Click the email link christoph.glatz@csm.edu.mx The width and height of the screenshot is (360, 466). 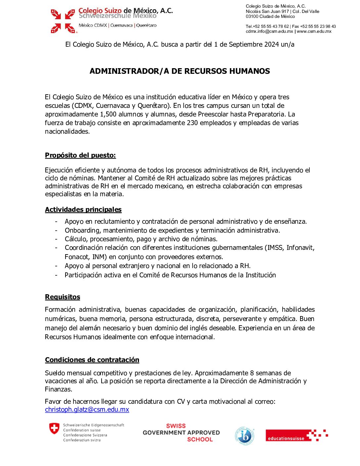click(x=87, y=410)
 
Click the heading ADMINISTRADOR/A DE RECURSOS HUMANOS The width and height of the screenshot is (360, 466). click(x=180, y=71)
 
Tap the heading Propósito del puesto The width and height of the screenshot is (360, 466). click(x=80, y=155)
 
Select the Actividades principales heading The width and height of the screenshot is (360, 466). click(x=83, y=210)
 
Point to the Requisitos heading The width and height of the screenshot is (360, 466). click(x=63, y=297)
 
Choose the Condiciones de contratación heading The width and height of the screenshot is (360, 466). click(x=92, y=360)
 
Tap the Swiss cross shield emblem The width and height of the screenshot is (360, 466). click(x=54, y=428)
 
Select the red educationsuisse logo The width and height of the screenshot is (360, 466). click(x=286, y=436)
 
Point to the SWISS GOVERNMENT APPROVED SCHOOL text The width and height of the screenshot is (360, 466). click(x=181, y=433)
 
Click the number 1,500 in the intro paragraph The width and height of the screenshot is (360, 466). click(x=109, y=115)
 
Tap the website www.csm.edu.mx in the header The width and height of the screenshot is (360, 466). click(x=314, y=31)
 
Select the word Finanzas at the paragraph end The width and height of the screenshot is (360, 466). click(x=58, y=390)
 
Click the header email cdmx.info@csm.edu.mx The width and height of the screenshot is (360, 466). click(x=269, y=31)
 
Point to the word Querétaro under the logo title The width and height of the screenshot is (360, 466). click(x=147, y=25)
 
